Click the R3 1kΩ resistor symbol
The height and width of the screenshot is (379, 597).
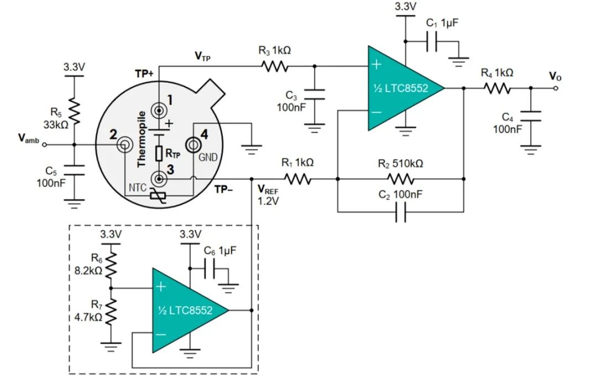[x=275, y=66]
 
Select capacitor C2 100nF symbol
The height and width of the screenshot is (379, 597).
[x=401, y=212]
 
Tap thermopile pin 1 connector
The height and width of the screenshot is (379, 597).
[x=160, y=110]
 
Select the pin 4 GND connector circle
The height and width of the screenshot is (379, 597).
[x=193, y=145]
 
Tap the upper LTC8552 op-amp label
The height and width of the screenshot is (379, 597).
[x=401, y=88]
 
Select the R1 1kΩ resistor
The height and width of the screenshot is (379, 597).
[x=298, y=179]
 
